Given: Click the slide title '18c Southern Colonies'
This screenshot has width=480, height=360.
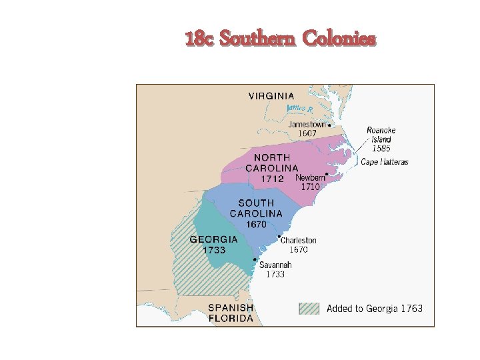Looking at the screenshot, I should (x=281, y=39).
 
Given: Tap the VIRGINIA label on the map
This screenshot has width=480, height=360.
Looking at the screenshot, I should (x=271, y=96).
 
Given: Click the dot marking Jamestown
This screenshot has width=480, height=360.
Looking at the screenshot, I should (x=329, y=125).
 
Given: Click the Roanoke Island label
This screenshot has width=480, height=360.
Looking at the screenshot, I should (x=381, y=135).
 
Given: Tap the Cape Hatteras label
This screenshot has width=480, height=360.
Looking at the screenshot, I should (x=385, y=162).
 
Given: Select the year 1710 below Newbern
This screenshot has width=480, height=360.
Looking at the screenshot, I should (x=310, y=187).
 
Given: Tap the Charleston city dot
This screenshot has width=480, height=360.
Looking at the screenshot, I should (x=278, y=236).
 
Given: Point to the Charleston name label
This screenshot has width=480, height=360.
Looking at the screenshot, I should (x=298, y=240).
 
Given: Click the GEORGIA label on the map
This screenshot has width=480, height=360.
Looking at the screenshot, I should (x=214, y=239).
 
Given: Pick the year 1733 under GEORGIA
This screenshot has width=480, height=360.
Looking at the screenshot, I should (x=214, y=250).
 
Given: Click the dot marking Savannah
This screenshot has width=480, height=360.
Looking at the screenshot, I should (x=255, y=259).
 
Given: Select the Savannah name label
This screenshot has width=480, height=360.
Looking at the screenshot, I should (x=275, y=265).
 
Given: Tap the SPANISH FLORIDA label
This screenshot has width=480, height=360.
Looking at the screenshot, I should (x=231, y=313).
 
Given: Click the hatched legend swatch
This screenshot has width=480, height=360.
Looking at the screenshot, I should (x=309, y=309).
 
